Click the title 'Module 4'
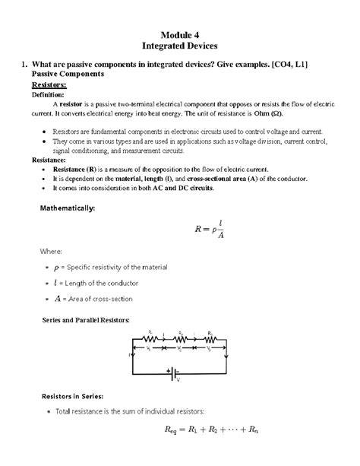180,33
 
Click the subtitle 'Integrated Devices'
180,46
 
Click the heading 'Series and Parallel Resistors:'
84,320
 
